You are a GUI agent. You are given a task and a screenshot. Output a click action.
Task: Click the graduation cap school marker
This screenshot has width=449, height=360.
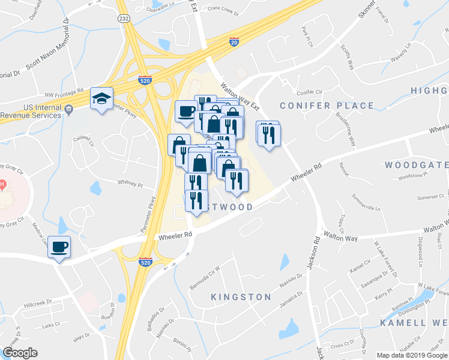101,98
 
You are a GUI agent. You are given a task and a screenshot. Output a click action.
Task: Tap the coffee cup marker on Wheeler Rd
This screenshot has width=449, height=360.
60,247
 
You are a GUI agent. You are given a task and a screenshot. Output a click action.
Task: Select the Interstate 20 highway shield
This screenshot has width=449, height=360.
234,41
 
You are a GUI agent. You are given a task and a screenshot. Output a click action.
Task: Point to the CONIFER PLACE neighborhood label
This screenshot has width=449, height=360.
327,106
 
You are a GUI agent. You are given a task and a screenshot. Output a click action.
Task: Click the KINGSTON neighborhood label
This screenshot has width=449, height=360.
241,297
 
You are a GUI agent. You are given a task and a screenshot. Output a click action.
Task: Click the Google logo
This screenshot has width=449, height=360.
20,352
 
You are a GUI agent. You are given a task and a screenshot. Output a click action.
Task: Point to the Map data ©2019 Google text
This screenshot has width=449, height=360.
412,355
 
